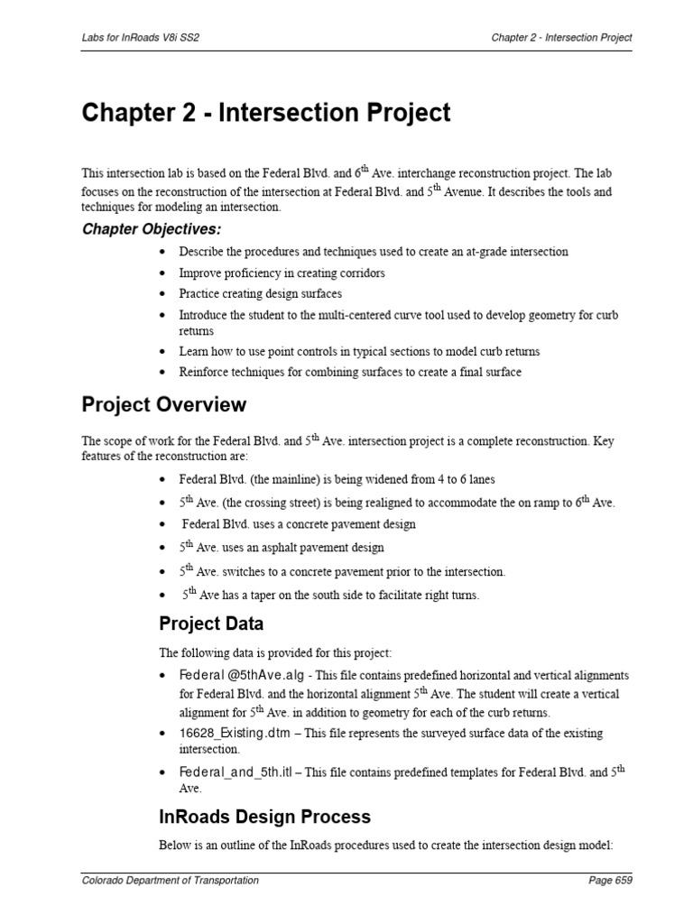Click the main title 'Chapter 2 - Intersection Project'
(x=265, y=113)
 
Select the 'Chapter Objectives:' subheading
(x=152, y=228)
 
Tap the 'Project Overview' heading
(x=164, y=404)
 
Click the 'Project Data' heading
(x=211, y=624)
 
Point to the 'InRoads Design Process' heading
(x=264, y=817)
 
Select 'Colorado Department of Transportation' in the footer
(x=171, y=881)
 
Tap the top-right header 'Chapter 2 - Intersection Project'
(x=561, y=37)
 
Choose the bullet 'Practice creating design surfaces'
(x=260, y=294)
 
